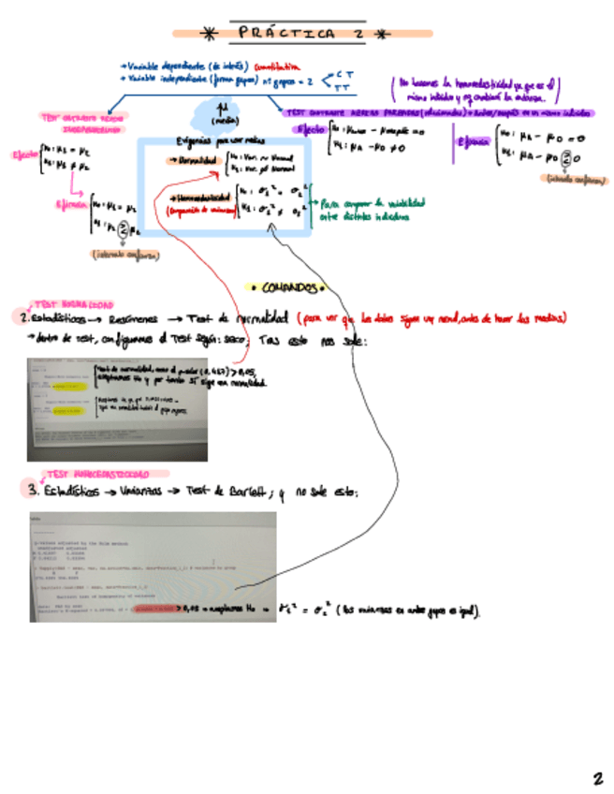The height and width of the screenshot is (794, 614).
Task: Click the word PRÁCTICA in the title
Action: (x=272, y=34)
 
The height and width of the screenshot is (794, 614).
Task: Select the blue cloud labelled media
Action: (x=221, y=115)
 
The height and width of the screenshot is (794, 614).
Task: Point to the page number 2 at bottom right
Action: (x=597, y=778)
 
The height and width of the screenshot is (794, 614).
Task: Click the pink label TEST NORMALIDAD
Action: (x=73, y=304)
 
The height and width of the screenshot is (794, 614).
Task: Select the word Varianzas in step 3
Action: (x=142, y=493)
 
